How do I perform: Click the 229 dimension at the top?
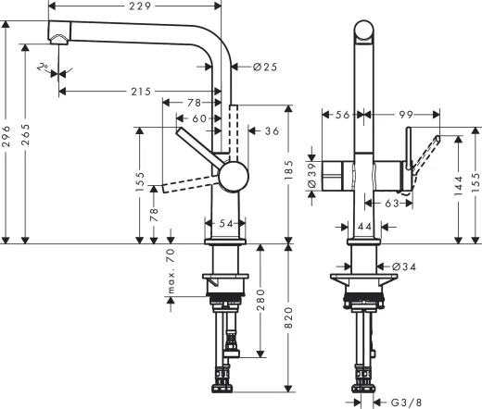coord(141,7)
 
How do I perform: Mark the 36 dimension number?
coord(272,131)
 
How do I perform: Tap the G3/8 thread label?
coord(404,401)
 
